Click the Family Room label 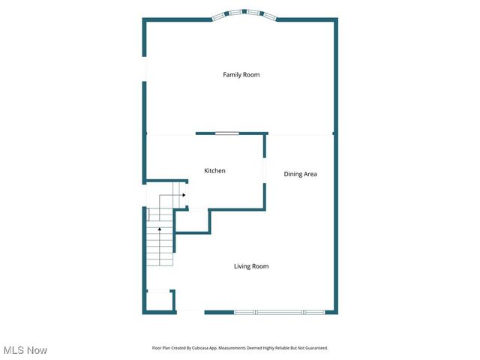(241, 75)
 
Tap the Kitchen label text (214, 171)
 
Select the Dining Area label (300, 174)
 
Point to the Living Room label (250, 266)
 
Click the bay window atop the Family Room (245, 13)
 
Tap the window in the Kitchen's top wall (227, 133)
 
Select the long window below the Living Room (279, 312)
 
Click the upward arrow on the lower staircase (159, 229)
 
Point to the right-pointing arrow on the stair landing (183, 195)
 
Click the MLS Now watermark (25, 350)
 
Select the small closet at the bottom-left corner (158, 301)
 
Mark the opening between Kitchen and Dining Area (264, 169)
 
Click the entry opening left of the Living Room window (190, 312)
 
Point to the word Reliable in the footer (282, 348)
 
